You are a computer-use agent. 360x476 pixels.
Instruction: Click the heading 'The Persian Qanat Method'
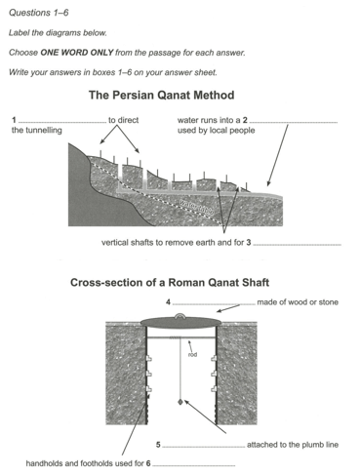coord(161,96)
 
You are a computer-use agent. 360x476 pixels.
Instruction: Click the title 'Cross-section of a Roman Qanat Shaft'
coord(170,282)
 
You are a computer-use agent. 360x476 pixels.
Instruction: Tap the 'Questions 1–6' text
coord(39,13)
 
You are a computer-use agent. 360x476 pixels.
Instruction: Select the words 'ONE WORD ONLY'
coord(77,53)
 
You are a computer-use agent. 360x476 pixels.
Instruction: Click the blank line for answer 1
coord(62,123)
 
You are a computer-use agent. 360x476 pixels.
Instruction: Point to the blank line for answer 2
coord(294,123)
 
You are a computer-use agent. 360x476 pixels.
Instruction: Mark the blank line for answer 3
coord(298,245)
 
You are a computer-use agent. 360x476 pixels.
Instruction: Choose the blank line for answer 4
coord(214,304)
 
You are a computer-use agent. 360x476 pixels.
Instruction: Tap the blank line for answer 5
coord(204,447)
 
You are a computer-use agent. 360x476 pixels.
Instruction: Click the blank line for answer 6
coord(194,465)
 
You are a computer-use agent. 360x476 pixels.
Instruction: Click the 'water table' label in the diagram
coord(197,207)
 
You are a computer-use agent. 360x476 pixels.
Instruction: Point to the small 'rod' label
coord(192,354)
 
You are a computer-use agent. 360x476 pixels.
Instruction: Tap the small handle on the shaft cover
coord(180,315)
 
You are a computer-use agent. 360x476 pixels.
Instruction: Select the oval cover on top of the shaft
coord(180,322)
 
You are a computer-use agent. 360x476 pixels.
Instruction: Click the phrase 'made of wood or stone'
coord(298,302)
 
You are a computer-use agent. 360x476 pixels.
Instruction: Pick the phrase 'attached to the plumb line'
coord(293,445)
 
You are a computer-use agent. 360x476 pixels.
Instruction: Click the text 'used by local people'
coord(216,131)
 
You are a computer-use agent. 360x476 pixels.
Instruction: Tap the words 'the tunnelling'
coord(37,131)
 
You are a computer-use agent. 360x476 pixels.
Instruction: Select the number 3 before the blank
coord(249,242)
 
